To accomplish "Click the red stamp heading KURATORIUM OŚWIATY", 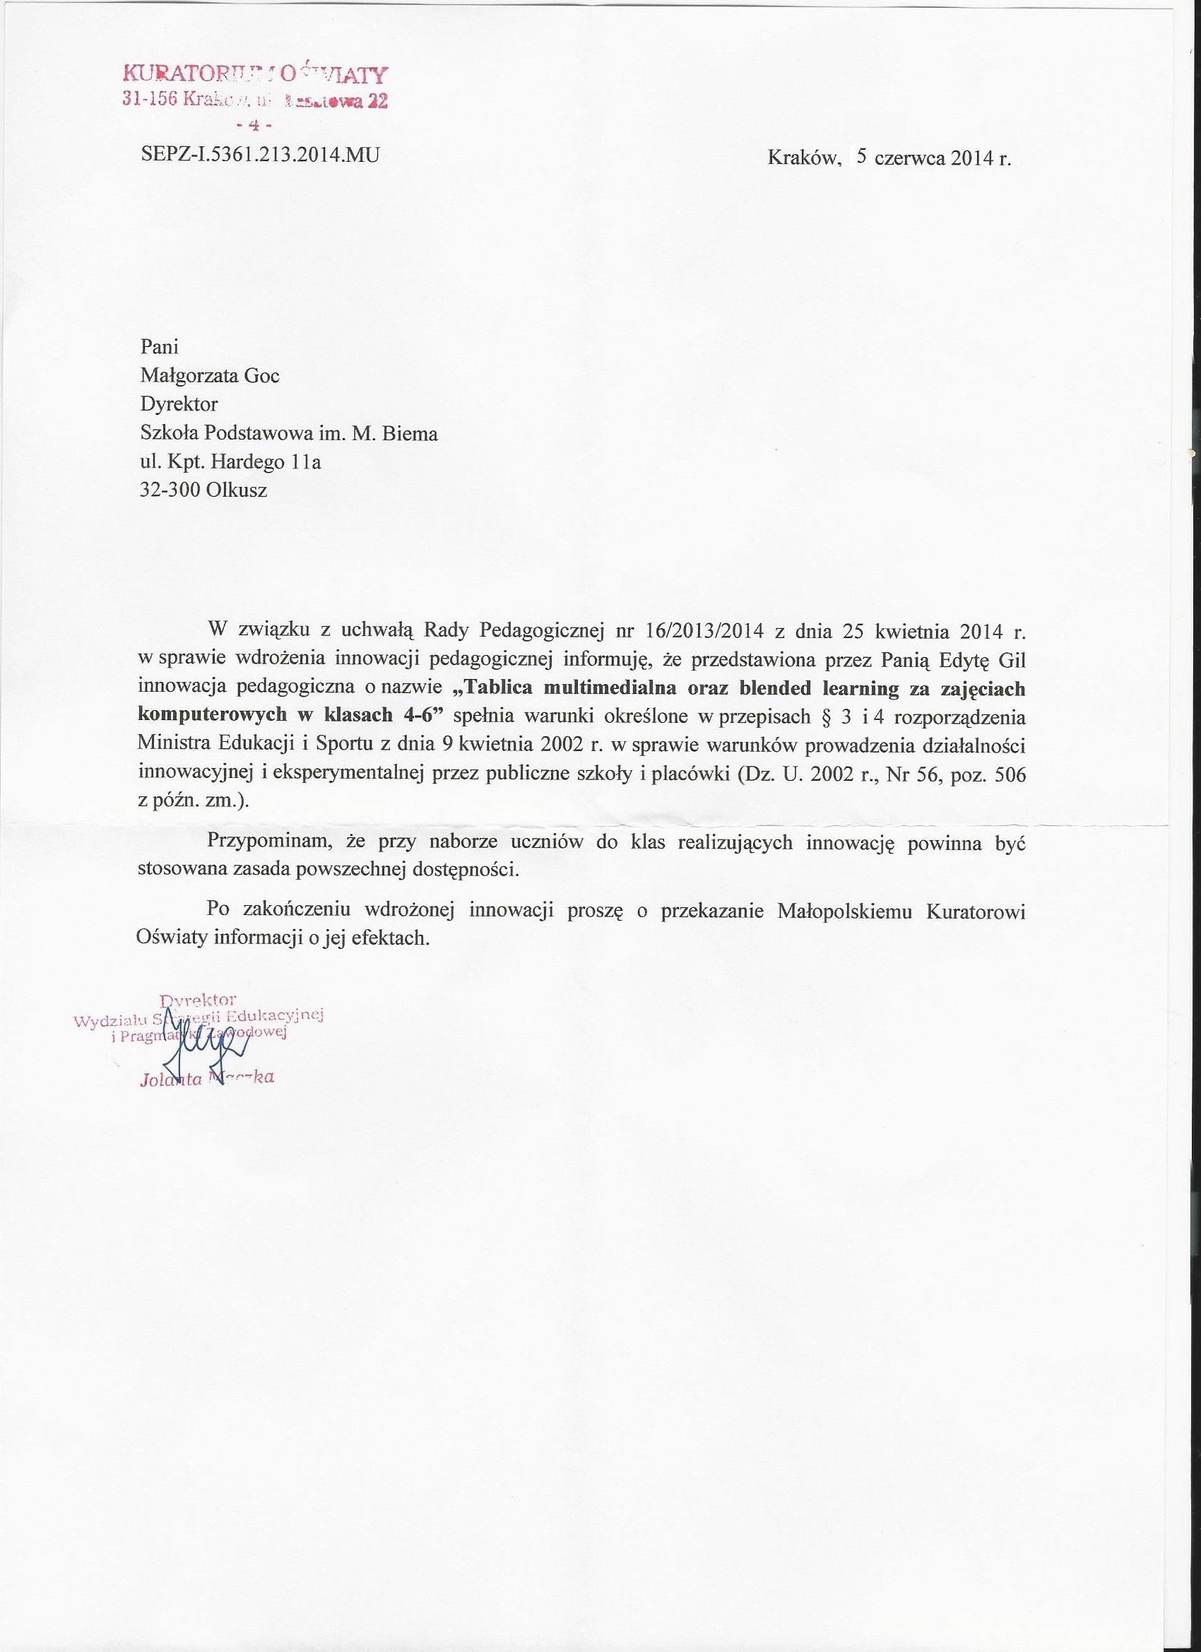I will pyautogui.click(x=256, y=74).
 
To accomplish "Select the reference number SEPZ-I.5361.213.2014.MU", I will pyautogui.click(x=259, y=155).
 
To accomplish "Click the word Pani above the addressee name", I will pyautogui.click(x=159, y=347).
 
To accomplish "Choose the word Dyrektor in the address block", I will pyautogui.click(x=179, y=404).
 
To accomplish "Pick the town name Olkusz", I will pyautogui.click(x=237, y=490).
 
